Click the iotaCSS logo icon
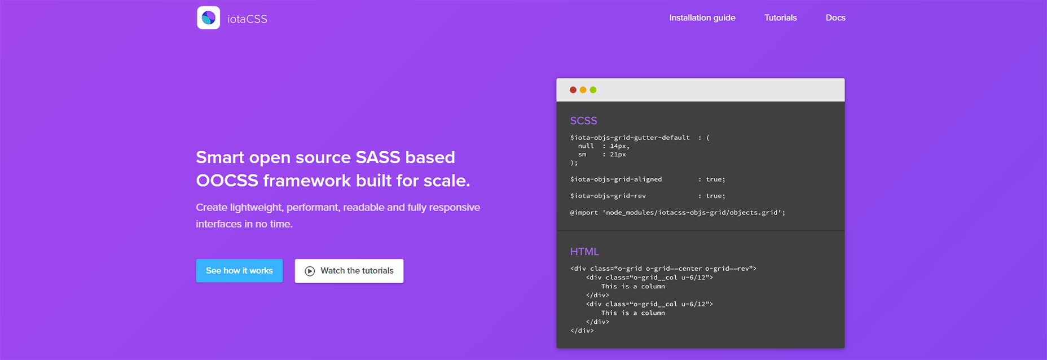point(208,17)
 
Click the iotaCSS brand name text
point(247,19)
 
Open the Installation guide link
point(702,17)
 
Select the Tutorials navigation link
point(780,17)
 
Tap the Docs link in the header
point(835,17)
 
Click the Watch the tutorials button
point(349,271)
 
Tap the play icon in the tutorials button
point(310,271)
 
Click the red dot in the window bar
point(573,90)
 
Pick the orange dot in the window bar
point(583,90)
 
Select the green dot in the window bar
point(593,90)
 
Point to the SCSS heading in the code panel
point(583,121)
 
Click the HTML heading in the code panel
point(584,252)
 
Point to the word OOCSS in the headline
point(227,181)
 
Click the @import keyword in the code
point(584,213)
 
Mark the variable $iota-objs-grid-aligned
point(616,179)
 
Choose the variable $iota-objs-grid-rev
point(608,196)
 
